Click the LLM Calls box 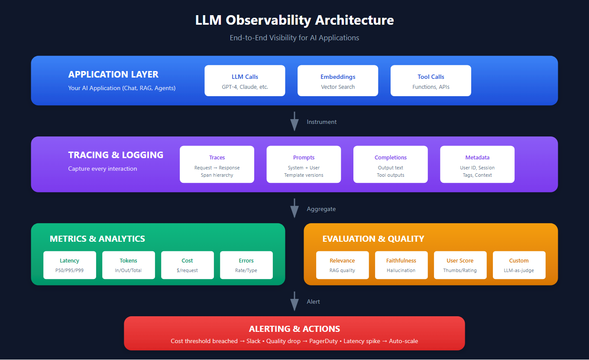click(x=245, y=81)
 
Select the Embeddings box click(x=338, y=81)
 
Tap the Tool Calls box click(x=430, y=81)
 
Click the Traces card click(x=217, y=164)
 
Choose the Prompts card click(x=304, y=164)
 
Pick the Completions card click(x=391, y=164)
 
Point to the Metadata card click(x=477, y=164)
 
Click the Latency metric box click(x=70, y=265)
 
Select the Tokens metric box click(x=129, y=265)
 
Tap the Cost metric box click(x=188, y=265)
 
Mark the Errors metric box click(x=246, y=265)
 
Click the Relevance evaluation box click(x=342, y=265)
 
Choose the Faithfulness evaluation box click(x=401, y=265)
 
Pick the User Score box click(x=460, y=265)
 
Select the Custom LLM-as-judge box click(x=519, y=265)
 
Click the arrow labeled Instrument click(x=294, y=121)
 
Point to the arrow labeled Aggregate click(x=294, y=208)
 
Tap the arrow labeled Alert click(x=294, y=301)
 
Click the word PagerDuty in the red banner click(x=324, y=341)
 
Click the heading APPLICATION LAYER click(x=113, y=74)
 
